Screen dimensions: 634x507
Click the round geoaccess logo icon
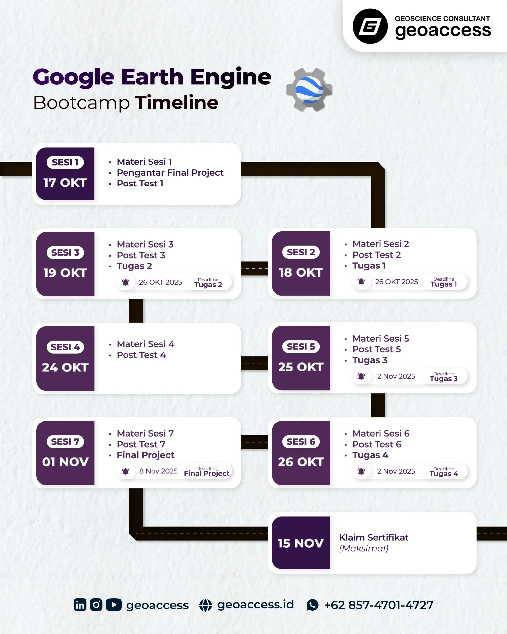point(370,26)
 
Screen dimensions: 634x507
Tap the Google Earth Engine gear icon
point(309,90)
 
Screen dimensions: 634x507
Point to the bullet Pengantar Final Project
point(170,173)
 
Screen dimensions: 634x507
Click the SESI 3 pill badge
point(65,253)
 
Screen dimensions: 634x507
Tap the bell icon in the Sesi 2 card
point(361,282)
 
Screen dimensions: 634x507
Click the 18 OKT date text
point(301,272)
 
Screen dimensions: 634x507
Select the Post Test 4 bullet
point(141,355)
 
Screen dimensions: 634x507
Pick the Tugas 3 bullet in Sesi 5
point(370,360)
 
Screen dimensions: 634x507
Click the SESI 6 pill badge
point(301,442)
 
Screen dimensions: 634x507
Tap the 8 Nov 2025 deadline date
point(158,471)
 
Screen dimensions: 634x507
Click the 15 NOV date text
point(301,543)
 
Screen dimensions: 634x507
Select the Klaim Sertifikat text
point(374,538)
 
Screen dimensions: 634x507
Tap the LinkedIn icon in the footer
point(80,605)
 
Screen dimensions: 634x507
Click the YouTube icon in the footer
point(114,605)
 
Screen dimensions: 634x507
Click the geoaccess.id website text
point(255,605)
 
